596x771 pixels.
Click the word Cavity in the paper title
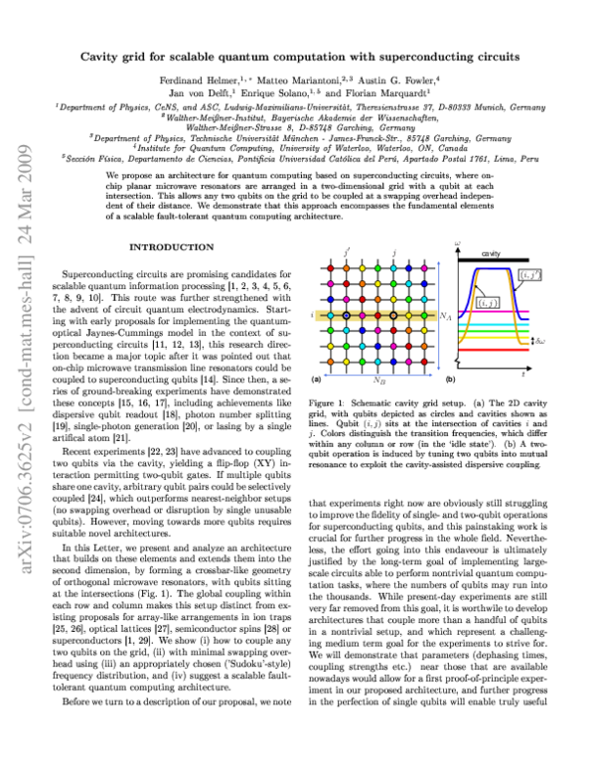pos(104,31)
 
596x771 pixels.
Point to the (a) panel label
pos(317,380)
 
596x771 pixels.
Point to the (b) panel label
pos(451,380)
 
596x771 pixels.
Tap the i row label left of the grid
pos(312,316)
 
